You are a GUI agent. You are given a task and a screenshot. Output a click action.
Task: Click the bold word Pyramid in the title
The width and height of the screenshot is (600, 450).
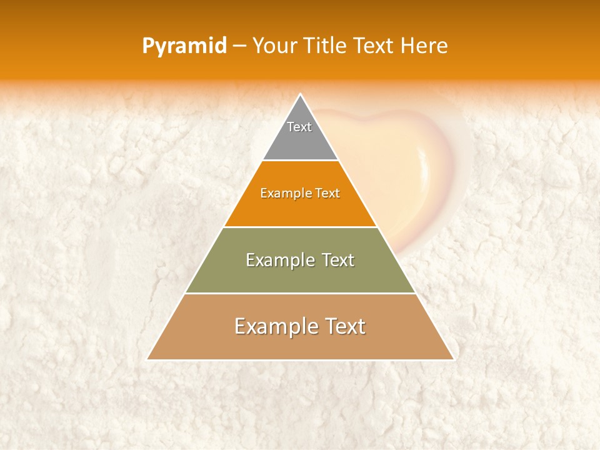pos(184,46)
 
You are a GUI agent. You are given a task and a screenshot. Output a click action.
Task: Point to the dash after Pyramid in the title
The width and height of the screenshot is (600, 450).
pos(239,46)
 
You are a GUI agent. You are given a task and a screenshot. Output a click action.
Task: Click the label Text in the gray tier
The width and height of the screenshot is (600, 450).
pos(299,127)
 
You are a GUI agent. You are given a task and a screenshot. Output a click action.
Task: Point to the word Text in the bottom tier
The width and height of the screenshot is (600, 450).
pos(343,326)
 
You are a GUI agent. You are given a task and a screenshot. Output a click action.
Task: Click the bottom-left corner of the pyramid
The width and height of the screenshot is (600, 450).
pos(148,359)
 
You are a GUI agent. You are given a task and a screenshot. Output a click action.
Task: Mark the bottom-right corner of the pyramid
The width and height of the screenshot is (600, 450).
pos(452,359)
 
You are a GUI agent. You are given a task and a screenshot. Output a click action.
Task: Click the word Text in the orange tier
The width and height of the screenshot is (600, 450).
pos(327,193)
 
